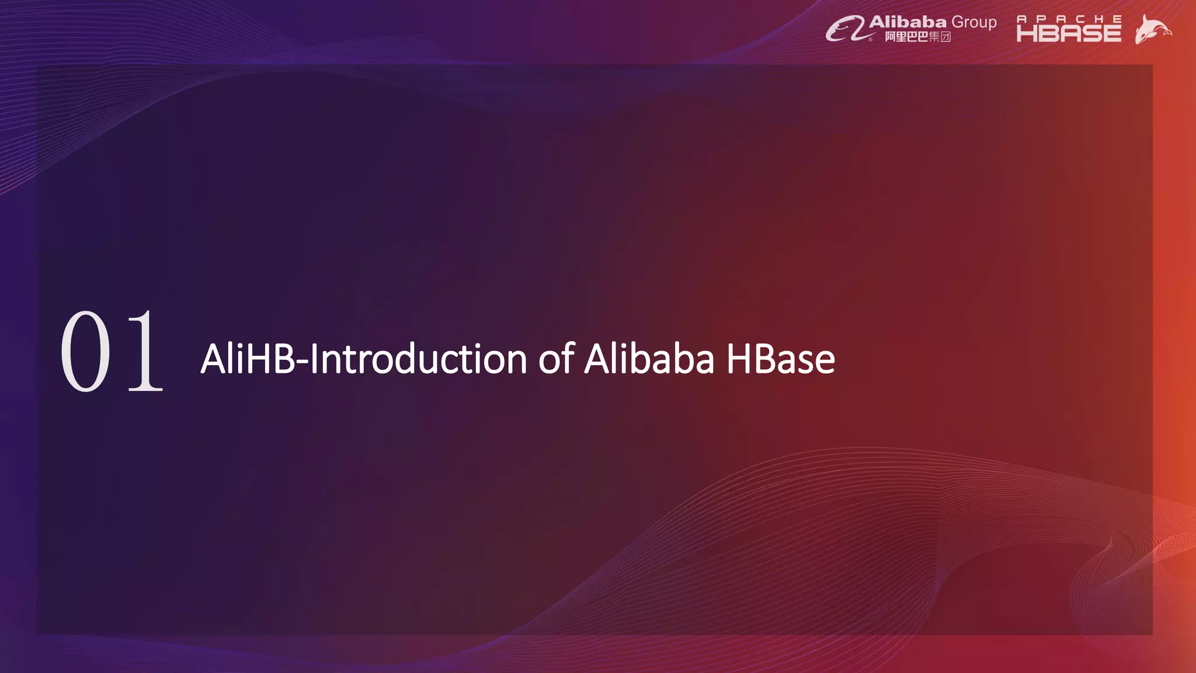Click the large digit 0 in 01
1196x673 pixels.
[x=85, y=352]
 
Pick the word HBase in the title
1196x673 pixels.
[x=780, y=359]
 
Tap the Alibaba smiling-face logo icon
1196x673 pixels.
[x=844, y=29]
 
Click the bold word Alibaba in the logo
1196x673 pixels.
[x=908, y=22]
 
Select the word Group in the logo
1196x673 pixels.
[x=974, y=23]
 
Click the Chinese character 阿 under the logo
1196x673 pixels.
[x=890, y=37]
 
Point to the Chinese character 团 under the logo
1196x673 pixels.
[x=945, y=37]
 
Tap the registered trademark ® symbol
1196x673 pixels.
[x=871, y=39]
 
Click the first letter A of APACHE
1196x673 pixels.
[x=1021, y=19]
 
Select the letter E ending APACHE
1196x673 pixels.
[x=1117, y=19]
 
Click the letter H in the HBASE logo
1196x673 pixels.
[x=1027, y=33]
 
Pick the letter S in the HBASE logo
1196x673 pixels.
[x=1090, y=33]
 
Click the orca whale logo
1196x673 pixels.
[x=1152, y=29]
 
